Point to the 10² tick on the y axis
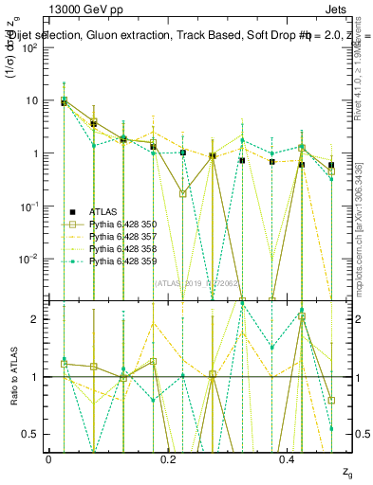30,47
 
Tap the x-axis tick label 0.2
168,459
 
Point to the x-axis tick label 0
48,459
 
